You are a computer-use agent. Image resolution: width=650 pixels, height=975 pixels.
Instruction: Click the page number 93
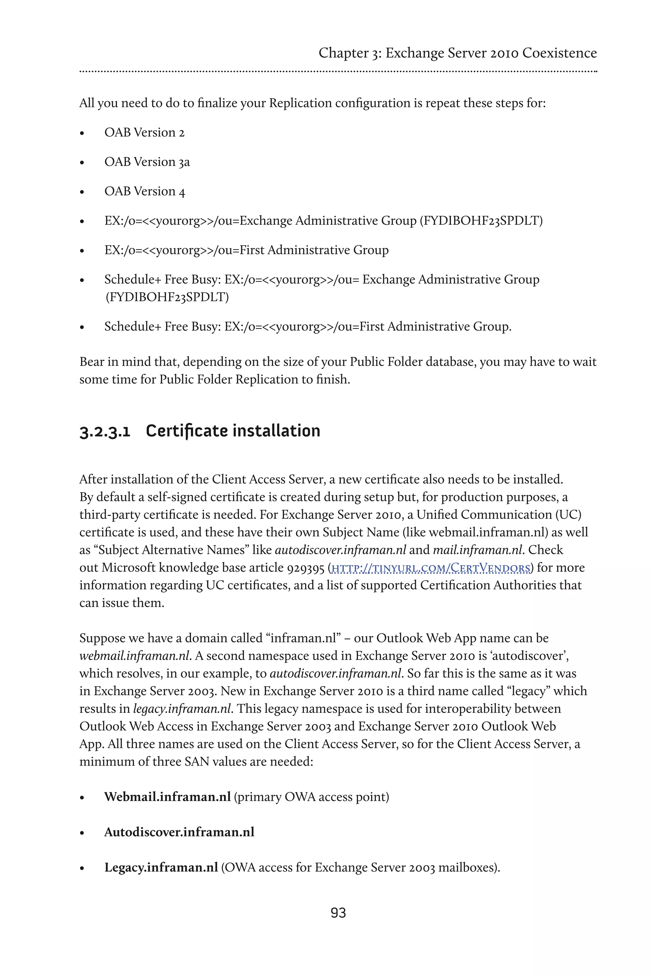pos(338,913)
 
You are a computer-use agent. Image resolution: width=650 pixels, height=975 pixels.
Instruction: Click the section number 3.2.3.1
pos(105,432)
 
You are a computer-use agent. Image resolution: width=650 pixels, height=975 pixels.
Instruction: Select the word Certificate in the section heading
pos(186,431)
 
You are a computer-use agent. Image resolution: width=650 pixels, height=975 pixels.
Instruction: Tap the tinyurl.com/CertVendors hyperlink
pos(431,568)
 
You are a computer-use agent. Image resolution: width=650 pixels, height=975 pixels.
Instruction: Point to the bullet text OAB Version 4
pos(145,191)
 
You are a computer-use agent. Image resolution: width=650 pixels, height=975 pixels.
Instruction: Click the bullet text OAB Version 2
pos(144,132)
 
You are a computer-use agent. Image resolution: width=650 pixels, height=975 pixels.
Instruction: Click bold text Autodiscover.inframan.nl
pos(179,832)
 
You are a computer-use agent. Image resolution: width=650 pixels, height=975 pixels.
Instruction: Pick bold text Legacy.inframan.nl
pos(161,867)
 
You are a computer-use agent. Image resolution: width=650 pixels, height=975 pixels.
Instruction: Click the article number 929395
pos(306,567)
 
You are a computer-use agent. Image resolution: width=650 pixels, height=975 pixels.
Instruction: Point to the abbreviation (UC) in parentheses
pos(568,515)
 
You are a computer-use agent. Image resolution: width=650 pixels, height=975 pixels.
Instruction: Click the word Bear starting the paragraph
pos(92,362)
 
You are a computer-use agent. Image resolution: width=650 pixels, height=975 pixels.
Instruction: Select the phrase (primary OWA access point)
pos(311,797)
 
